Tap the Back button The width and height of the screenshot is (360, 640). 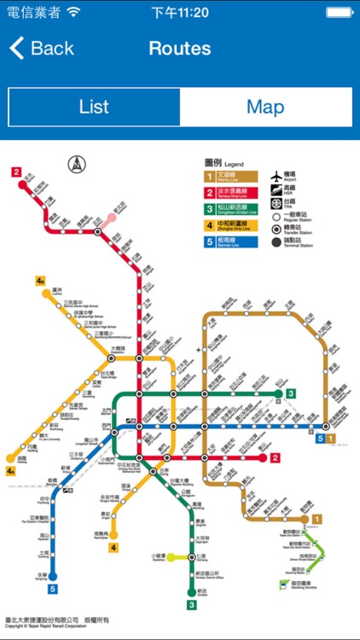[42, 48]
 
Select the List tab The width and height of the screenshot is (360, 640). [94, 108]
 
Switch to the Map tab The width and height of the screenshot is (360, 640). [265, 108]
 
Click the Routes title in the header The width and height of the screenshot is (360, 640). [179, 48]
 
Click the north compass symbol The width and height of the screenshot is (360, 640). [77, 162]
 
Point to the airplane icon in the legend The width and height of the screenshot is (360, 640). [276, 177]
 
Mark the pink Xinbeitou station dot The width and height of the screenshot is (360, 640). [112, 218]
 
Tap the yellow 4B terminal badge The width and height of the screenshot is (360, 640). [40, 281]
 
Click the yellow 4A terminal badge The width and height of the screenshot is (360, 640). [11, 470]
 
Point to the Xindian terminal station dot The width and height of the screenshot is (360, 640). [192, 591]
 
